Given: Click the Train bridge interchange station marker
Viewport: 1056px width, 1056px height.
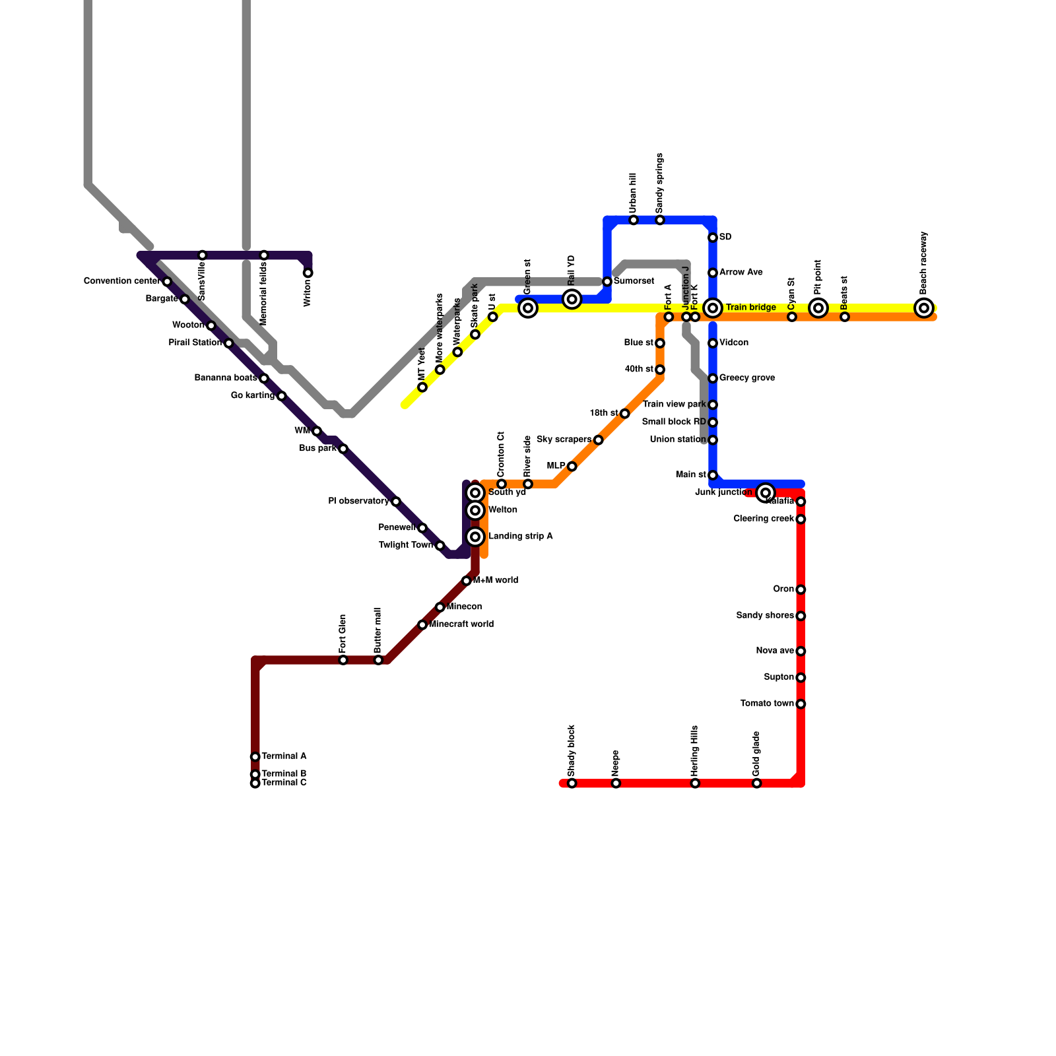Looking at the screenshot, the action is point(713,308).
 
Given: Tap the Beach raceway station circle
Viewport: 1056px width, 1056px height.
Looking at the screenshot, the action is point(924,308).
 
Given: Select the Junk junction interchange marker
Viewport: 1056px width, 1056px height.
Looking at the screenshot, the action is point(765,492).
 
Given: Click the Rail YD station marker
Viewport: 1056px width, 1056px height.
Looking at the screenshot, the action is point(572,299).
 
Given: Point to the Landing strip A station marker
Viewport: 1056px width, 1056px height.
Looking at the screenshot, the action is point(475,537).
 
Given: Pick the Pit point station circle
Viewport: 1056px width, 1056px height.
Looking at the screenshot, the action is point(818,308).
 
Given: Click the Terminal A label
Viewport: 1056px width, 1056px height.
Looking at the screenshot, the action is point(284,756).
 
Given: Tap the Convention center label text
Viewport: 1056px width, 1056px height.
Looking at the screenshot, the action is point(122,281).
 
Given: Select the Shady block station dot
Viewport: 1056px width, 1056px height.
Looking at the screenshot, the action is point(572,783).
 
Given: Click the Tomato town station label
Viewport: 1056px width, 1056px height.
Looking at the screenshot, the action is point(767,704).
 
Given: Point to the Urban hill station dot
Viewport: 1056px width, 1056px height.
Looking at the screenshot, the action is point(634,220).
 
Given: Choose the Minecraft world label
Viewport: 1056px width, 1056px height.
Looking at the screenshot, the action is point(461,624).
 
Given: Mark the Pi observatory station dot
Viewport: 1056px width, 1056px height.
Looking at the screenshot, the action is point(395,502).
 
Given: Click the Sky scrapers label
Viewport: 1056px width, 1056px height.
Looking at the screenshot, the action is point(564,440).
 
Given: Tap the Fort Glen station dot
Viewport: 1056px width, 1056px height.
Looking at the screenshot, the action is point(343,660).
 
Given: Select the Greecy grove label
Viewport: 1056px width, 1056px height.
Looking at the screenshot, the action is point(747,378).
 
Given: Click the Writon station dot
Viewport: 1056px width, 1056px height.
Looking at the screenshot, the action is point(308,273).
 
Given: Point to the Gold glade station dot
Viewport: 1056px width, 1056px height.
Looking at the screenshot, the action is point(757,783).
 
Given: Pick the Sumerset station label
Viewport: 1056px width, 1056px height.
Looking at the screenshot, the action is point(634,282).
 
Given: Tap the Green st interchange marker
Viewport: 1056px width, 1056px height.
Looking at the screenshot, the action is point(528,308).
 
